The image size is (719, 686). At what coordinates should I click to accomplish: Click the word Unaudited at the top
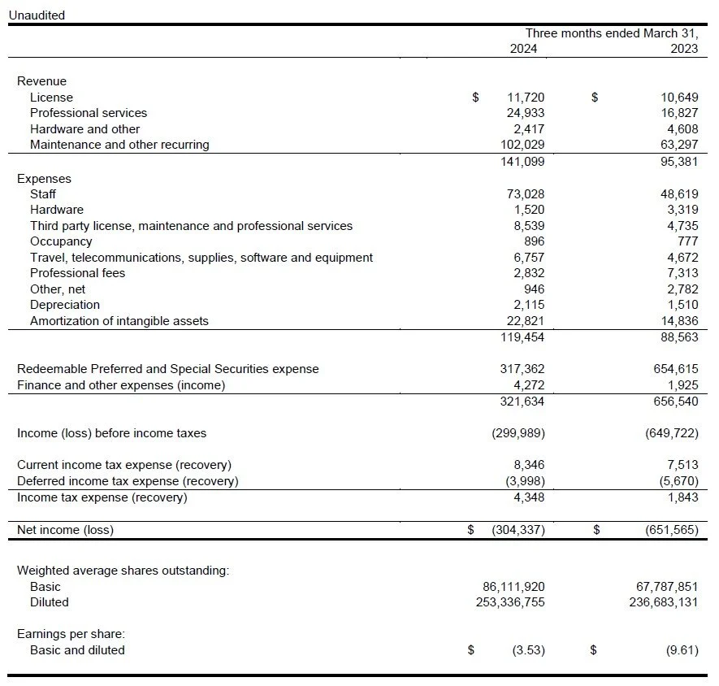[x=36, y=15]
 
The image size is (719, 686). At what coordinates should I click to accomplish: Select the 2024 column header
[x=523, y=49]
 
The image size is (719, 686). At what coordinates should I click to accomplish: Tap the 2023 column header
[x=684, y=49]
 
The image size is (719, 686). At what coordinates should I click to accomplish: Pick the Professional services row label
[x=89, y=113]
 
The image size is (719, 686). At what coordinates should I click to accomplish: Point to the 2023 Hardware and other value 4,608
[x=682, y=129]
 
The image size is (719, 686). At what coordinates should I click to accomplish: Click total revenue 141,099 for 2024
[x=522, y=161]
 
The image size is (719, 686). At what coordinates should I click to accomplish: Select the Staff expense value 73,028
[x=526, y=194]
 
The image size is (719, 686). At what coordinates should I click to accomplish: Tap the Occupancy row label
[x=61, y=241]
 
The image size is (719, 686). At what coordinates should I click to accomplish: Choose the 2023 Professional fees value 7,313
[x=682, y=273]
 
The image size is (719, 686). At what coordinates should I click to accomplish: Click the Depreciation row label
[x=65, y=305]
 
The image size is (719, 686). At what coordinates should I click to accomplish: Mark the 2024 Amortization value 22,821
[x=526, y=321]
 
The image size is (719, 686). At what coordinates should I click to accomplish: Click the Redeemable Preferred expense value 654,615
[x=675, y=369]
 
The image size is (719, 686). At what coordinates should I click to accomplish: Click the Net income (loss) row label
[x=65, y=530]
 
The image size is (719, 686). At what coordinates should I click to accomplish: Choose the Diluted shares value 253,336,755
[x=510, y=602]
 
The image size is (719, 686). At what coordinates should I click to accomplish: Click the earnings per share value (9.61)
[x=682, y=650]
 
